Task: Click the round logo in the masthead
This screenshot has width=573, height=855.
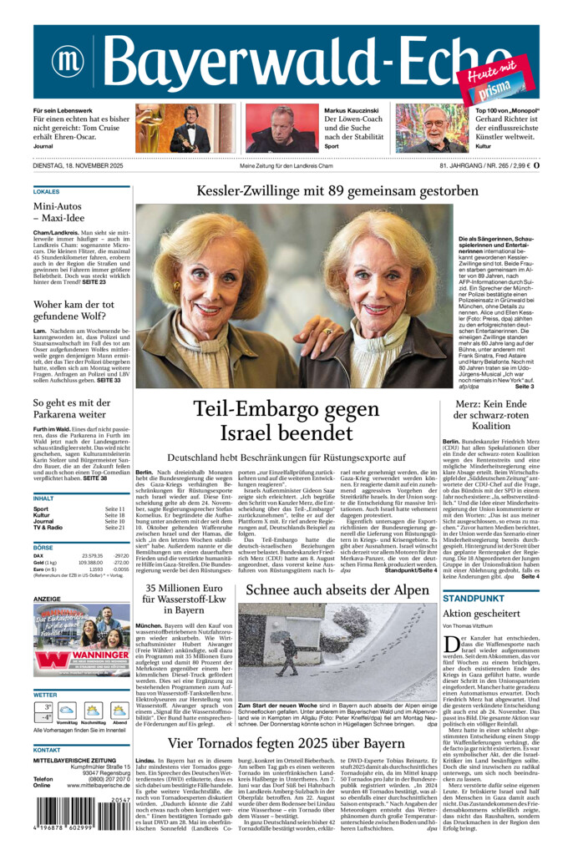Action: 68,61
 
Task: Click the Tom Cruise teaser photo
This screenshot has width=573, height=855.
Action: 174,128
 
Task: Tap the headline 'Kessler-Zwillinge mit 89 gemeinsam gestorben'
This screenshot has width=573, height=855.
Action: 337,191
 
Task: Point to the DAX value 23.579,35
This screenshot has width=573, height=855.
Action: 92,555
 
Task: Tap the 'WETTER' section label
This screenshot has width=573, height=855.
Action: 45,694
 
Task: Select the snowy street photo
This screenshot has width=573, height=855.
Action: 337,652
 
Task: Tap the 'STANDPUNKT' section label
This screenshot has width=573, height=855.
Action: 473,598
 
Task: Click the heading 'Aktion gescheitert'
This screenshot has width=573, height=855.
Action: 481,613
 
